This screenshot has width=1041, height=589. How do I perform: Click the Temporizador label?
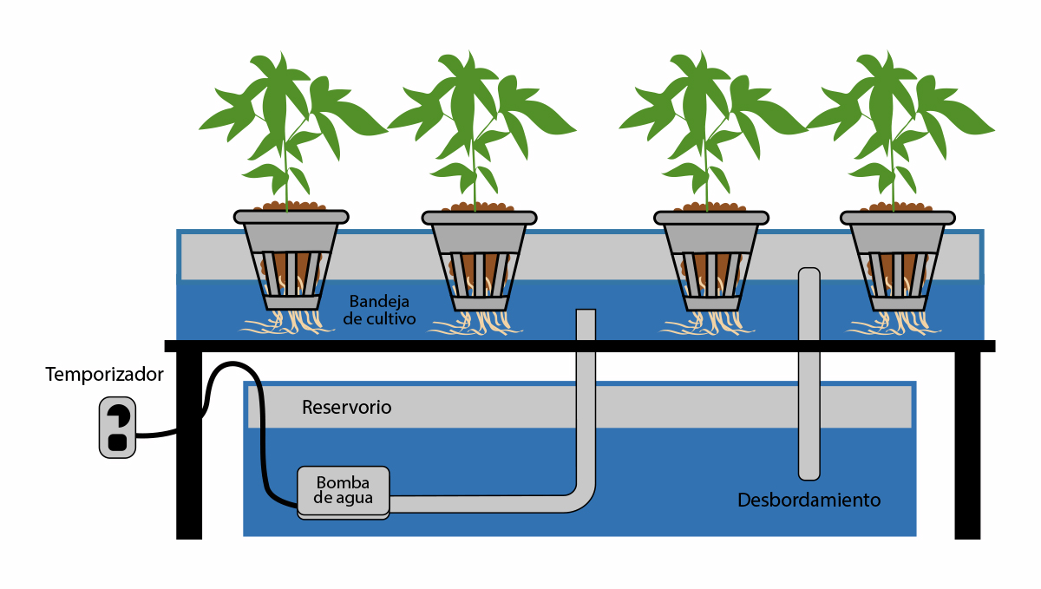coord(104,376)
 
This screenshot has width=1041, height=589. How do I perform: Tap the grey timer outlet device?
coord(118,427)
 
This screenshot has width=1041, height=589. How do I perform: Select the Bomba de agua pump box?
coord(344,492)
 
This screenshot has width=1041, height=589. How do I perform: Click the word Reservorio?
coord(346,407)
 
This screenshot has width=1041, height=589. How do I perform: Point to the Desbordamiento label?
coord(809,501)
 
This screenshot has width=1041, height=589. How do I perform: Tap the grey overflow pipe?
coord(809,373)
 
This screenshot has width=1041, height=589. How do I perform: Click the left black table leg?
coord(189,442)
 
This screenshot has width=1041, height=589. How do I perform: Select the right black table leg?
coord(967,442)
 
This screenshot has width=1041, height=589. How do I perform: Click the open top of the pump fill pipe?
coord(586,313)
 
